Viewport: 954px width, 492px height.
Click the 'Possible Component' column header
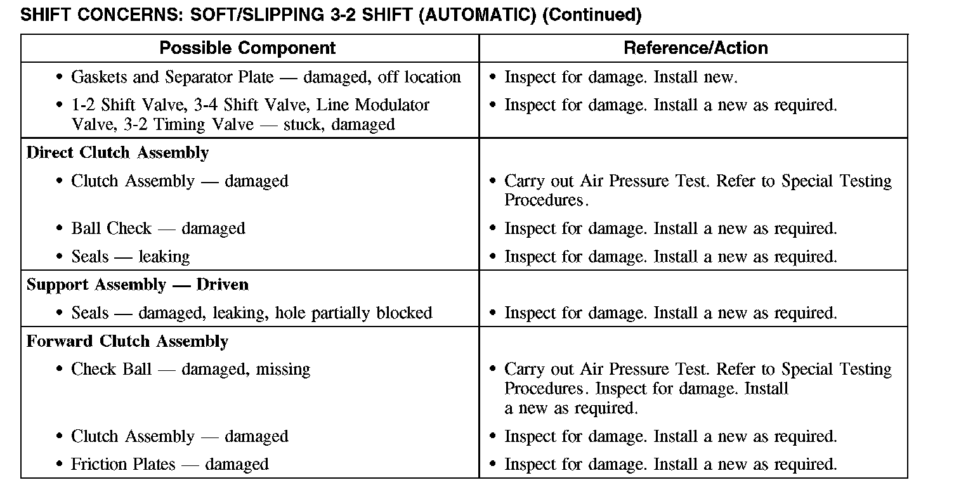coord(247,48)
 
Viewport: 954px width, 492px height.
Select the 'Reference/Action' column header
coord(696,48)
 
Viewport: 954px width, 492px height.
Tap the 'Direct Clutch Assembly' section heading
coord(117,153)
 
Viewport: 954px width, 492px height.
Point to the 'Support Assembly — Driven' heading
coord(138,285)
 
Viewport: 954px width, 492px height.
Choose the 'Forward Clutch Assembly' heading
coord(127,341)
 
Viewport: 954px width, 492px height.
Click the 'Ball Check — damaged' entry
coord(158,228)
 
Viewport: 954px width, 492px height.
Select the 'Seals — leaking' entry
coord(131,257)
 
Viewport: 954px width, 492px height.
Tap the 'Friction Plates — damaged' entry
coord(169,464)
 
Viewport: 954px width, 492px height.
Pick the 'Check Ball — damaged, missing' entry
coord(190,369)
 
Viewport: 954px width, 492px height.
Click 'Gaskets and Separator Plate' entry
coord(173,77)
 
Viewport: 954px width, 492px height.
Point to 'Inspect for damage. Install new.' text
coord(621,77)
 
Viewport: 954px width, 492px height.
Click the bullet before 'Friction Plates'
coord(59,465)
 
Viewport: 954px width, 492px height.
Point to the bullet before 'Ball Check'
coord(59,229)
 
